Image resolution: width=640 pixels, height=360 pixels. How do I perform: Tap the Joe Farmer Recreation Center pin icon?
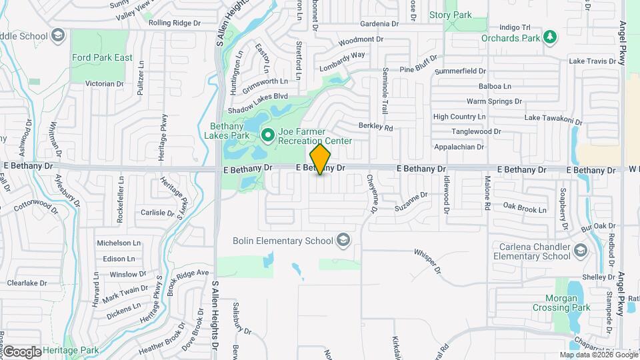click(268, 135)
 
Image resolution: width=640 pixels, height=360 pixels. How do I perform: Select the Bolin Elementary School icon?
click(343, 239)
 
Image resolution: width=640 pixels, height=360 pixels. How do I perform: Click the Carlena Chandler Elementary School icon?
click(580, 251)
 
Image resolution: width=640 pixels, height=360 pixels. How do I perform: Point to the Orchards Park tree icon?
click(549, 37)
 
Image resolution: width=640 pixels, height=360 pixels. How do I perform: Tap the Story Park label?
click(450, 15)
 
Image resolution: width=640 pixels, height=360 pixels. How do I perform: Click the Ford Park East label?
click(102, 58)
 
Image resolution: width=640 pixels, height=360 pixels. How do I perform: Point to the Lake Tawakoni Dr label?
click(553, 118)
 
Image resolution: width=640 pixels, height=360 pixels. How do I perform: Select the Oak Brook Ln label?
click(525, 209)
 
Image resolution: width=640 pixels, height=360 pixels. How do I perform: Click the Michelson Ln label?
click(119, 243)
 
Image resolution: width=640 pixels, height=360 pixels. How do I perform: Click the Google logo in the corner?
click(23, 352)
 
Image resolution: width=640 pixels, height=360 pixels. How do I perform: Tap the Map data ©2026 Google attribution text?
click(598, 355)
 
